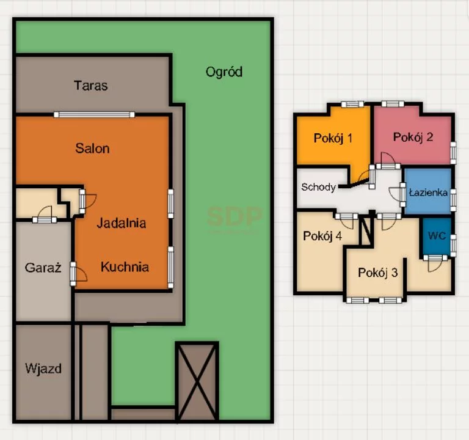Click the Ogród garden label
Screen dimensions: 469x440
[x=224, y=72]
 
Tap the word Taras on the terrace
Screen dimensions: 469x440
[x=90, y=86]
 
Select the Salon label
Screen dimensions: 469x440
[x=92, y=148]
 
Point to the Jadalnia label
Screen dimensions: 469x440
[x=122, y=223]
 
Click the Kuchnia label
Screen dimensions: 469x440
[x=125, y=267]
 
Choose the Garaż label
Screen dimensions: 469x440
[x=43, y=268]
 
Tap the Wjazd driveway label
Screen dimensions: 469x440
[x=43, y=369]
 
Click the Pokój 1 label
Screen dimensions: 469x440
[x=333, y=138]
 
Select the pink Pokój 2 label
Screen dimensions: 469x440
[x=413, y=137]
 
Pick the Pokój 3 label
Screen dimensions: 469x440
[x=378, y=273]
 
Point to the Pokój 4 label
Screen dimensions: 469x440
[x=322, y=236]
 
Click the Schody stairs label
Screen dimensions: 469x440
[x=318, y=188]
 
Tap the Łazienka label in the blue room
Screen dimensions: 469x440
[x=428, y=193]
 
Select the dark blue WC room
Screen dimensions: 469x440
[x=437, y=236]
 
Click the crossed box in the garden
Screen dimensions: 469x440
[x=197, y=381]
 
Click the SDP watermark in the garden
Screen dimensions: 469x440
[x=234, y=216]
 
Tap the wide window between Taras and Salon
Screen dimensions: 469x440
[x=94, y=114]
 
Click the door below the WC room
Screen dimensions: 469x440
[x=435, y=263]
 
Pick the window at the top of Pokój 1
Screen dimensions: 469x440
[x=352, y=104]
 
